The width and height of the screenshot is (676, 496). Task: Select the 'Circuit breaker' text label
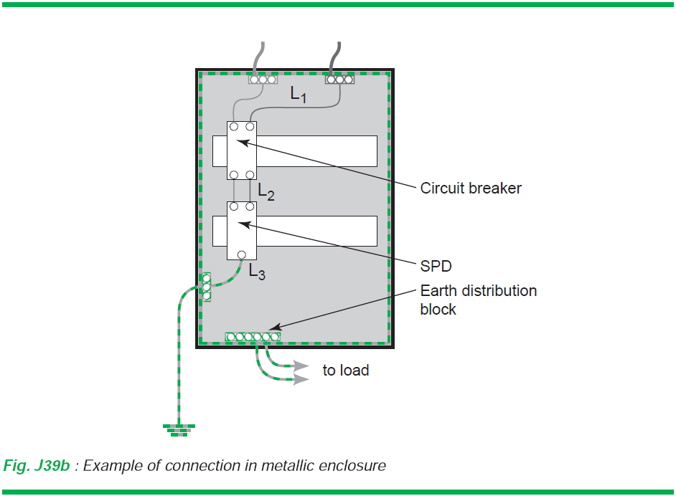point(471,189)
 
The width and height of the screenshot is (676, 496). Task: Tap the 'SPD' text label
point(436,266)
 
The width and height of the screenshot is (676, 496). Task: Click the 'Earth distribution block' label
point(478,300)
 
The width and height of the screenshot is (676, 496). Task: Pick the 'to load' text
point(345,371)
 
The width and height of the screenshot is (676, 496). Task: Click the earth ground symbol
point(179,429)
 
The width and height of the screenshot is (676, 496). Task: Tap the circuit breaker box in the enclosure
point(242,151)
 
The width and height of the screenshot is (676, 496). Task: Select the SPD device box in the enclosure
point(242,230)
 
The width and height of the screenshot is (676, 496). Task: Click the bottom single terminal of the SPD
point(242,254)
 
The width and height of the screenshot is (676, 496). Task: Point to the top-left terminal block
point(263,80)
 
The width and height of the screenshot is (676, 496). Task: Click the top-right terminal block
point(340,80)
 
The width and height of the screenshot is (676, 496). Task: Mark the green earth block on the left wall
point(207,287)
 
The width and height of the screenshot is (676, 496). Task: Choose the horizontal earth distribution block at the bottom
point(253,336)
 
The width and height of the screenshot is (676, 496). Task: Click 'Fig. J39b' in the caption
point(37,466)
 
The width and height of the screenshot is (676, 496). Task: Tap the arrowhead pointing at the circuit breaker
point(240,141)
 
